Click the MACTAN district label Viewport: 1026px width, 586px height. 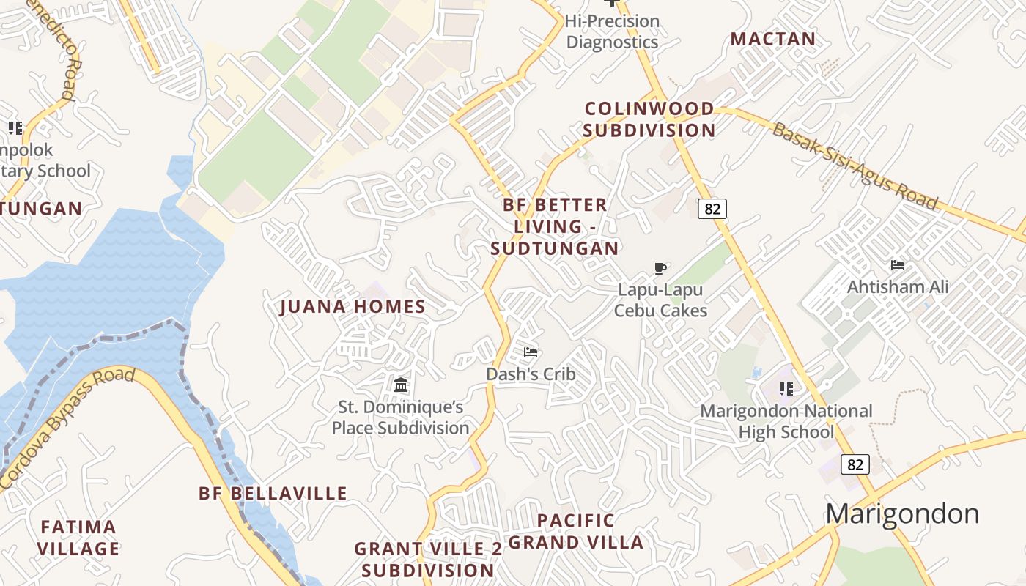pos(772,39)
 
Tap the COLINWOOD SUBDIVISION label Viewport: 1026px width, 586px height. pos(649,119)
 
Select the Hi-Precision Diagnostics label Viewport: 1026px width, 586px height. pos(613,31)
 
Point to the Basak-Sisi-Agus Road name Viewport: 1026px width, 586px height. pos(855,166)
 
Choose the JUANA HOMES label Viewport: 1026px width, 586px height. pos(353,307)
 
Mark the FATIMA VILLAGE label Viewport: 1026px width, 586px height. pos(78,538)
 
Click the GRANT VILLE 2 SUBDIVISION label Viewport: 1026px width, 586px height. pos(428,560)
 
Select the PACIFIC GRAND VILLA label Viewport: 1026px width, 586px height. pos(576,532)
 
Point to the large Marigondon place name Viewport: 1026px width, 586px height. pos(902,513)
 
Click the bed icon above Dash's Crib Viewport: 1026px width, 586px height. pos(531,352)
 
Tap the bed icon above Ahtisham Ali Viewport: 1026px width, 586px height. pos(898,265)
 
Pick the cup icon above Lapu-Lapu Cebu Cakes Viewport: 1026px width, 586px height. pos(660,268)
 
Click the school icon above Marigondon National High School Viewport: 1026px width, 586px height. pos(786,388)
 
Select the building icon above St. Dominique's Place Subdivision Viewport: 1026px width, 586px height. pos(401,385)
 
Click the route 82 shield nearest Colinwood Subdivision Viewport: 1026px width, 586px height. pos(712,209)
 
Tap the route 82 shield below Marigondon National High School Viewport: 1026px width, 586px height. pos(855,464)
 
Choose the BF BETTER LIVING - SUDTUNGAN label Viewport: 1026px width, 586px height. pos(555,226)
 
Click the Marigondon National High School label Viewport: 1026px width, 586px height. pos(786,421)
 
